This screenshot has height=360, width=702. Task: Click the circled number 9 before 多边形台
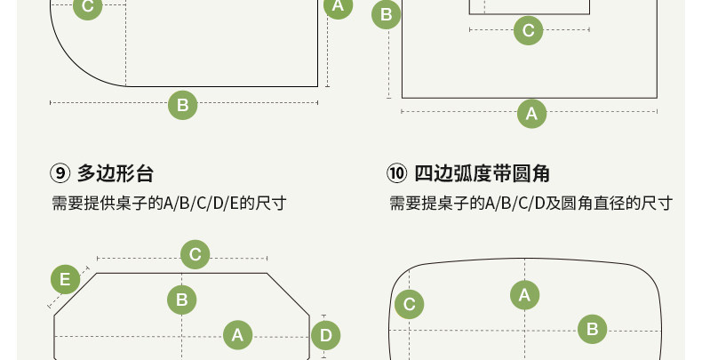click(60, 172)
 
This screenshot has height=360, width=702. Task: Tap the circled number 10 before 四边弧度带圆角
click(396, 172)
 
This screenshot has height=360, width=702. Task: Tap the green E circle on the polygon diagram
click(64, 280)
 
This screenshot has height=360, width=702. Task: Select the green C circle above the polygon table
click(195, 255)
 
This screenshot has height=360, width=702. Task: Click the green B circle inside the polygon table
click(181, 300)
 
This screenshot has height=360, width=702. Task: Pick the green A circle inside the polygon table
click(237, 334)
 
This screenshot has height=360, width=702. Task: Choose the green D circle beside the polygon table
click(326, 335)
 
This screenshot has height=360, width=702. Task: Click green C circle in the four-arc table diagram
click(409, 305)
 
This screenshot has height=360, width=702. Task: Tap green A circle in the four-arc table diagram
click(524, 295)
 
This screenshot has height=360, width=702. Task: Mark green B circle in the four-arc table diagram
click(592, 330)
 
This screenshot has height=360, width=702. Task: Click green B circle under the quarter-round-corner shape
click(182, 105)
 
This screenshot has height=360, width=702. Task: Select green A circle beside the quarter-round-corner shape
click(337, 7)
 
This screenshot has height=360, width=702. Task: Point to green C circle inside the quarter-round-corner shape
click(87, 8)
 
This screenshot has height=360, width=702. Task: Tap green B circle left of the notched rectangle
click(387, 15)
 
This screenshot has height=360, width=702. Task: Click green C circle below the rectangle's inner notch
click(528, 31)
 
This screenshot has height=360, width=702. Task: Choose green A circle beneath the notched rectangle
click(531, 113)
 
